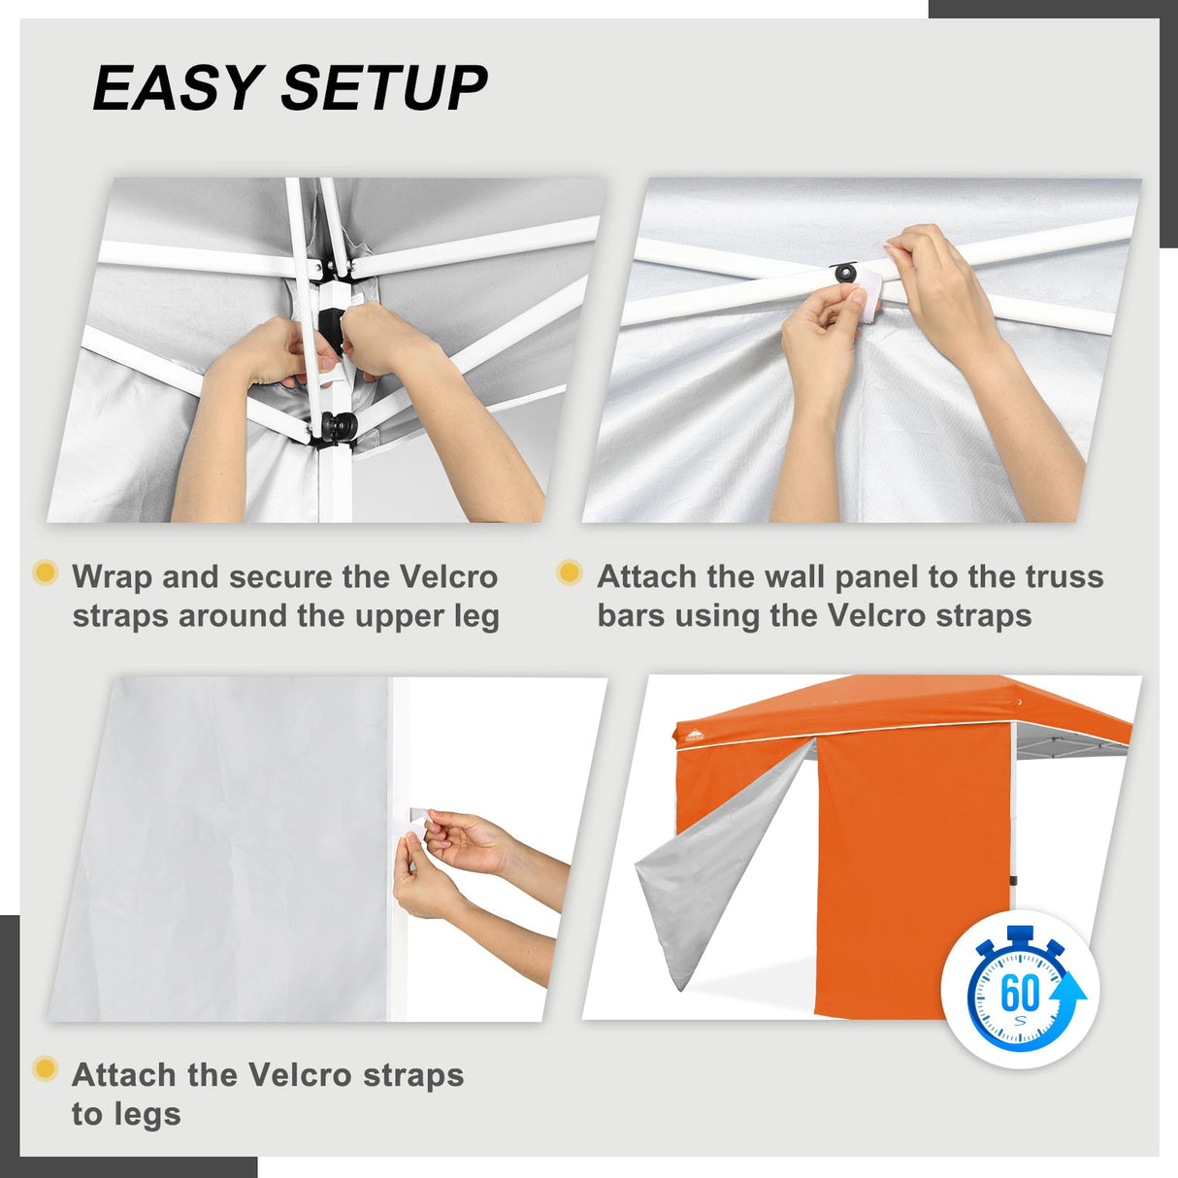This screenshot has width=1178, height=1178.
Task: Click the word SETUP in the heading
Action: click(384, 88)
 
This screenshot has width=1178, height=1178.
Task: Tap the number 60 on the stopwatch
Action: click(1019, 993)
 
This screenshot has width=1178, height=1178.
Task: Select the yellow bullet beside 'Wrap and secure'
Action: click(45, 572)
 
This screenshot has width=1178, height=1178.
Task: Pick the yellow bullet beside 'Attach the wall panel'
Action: click(570, 573)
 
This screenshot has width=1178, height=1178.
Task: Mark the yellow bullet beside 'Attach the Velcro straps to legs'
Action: click(45, 1069)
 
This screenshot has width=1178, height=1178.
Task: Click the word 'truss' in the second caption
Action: click(1064, 576)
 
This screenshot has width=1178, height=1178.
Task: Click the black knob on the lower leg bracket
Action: click(340, 425)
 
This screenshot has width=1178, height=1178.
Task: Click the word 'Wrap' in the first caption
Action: click(112, 576)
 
